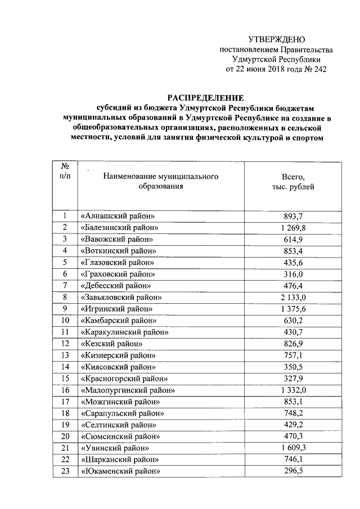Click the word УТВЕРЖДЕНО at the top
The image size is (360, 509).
pyautogui.click(x=276, y=39)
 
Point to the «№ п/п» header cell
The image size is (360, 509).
pyautogui.click(x=65, y=172)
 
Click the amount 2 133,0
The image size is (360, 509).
pyautogui.click(x=292, y=297)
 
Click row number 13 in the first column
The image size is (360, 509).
pyautogui.click(x=65, y=355)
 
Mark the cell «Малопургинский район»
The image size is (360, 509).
pyautogui.click(x=128, y=390)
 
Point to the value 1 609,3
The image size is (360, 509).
pyautogui.click(x=292, y=448)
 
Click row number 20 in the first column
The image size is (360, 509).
pyautogui.click(x=65, y=436)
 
